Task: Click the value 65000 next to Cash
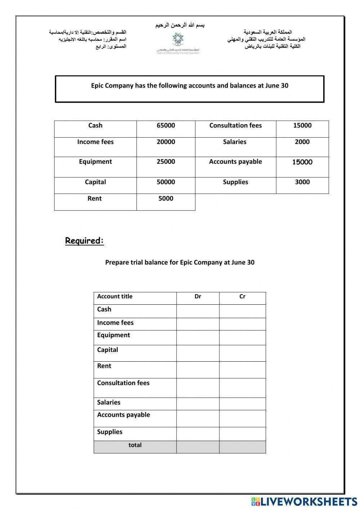click(x=166, y=125)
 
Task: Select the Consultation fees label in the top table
click(x=235, y=125)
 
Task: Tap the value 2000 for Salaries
click(x=302, y=142)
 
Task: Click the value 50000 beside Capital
click(x=166, y=182)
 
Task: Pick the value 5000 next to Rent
click(x=166, y=198)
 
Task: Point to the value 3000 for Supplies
click(x=302, y=182)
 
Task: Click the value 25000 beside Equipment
click(x=166, y=162)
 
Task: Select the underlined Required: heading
click(x=85, y=241)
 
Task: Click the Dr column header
click(x=198, y=296)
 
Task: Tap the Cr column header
click(x=242, y=296)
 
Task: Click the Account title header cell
click(x=115, y=296)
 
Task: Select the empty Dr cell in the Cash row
click(x=198, y=311)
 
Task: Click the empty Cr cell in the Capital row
click(x=242, y=353)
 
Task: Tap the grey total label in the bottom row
click(x=135, y=445)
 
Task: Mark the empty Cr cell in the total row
click(x=242, y=447)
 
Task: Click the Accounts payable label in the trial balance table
click(x=123, y=415)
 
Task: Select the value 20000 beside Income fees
click(x=166, y=142)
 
